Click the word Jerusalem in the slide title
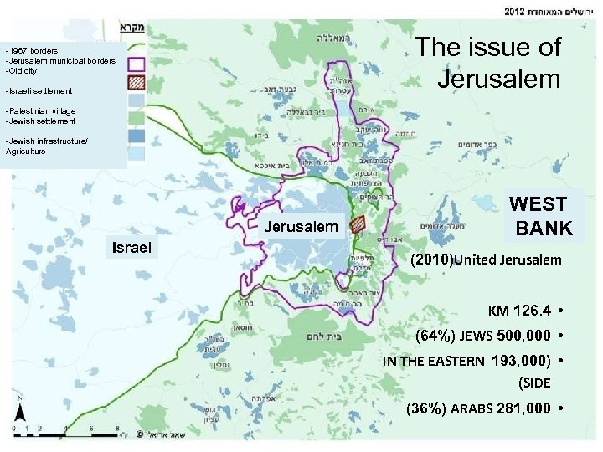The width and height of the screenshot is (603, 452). point(498,79)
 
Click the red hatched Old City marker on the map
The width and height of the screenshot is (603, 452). point(358,224)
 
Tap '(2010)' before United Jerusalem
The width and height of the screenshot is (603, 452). point(431,259)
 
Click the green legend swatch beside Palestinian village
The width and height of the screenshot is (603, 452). point(137,116)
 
